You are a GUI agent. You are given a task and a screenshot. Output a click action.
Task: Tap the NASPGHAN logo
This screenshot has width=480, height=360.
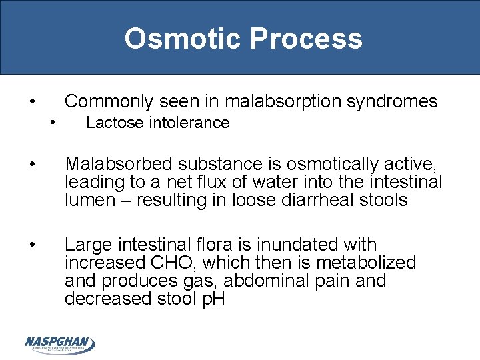pos(59,344)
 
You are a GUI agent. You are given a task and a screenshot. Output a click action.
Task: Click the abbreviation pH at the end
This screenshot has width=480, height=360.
pos(213,299)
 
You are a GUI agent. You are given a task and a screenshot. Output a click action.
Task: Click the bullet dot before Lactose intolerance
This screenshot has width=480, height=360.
pos(52,122)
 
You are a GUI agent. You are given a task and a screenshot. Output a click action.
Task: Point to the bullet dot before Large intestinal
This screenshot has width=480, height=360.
pos(33,245)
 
